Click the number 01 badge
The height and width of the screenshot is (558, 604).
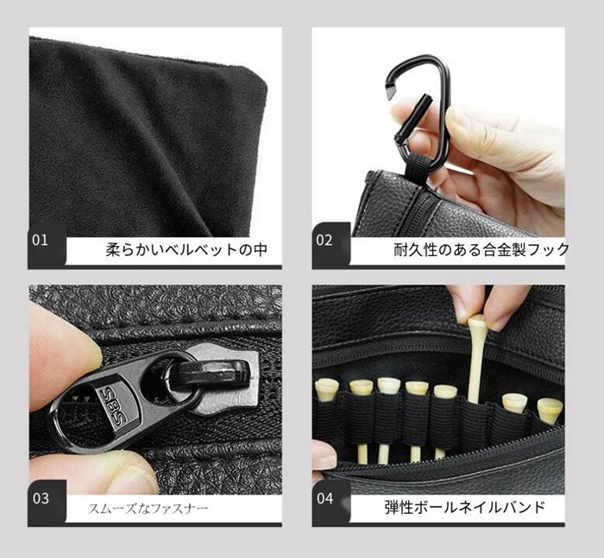click(x=40, y=241)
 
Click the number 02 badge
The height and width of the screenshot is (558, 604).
click(x=324, y=241)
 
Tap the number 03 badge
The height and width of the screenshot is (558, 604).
click(x=41, y=498)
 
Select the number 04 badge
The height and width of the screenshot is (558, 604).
click(x=325, y=498)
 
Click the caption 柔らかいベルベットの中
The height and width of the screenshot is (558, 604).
click(x=186, y=250)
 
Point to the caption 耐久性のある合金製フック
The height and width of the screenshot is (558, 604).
click(x=481, y=250)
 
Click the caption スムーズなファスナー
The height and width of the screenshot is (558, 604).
click(x=148, y=509)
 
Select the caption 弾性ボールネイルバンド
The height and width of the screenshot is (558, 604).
click(x=465, y=507)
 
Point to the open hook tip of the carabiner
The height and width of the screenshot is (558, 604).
click(x=393, y=90)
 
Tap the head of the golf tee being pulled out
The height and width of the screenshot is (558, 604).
click(x=478, y=321)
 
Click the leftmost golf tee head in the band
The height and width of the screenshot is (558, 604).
click(x=325, y=389)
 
